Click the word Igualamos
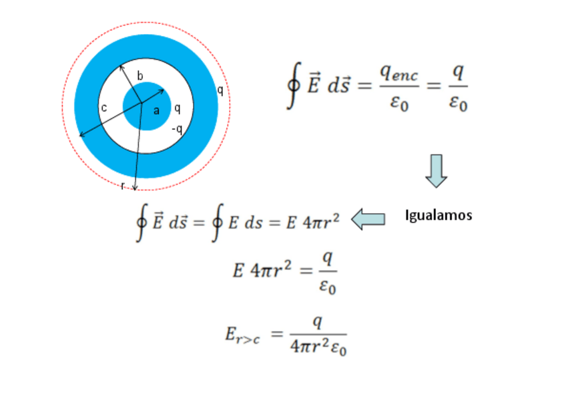439,215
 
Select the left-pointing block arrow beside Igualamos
368,219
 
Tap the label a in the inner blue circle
156,111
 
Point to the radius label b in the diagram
139,76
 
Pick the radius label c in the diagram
104,108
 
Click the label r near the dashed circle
123,185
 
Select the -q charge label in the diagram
177,129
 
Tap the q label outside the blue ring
220,90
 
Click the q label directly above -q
177,108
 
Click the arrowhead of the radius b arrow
121,66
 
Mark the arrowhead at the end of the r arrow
135,188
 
